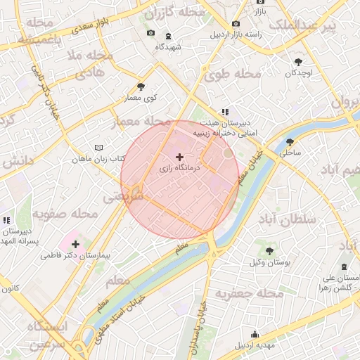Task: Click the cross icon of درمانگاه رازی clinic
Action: pyautogui.click(x=179, y=157)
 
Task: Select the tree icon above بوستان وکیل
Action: pyautogui.click(x=269, y=250)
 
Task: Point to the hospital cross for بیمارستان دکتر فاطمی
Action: pyautogui.click(x=75, y=244)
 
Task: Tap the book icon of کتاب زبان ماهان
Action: pyautogui.click(x=98, y=148)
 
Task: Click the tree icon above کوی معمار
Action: pyautogui.click(x=141, y=86)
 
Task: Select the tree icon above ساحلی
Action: pyautogui.click(x=290, y=140)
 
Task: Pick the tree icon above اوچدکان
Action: pyautogui.click(x=300, y=62)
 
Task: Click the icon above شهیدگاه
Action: pyautogui.click(x=168, y=36)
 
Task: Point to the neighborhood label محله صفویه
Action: pyautogui.click(x=64, y=214)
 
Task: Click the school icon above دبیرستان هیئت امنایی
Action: pyautogui.click(x=225, y=111)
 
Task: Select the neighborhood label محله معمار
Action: pyautogui.click(x=141, y=122)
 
